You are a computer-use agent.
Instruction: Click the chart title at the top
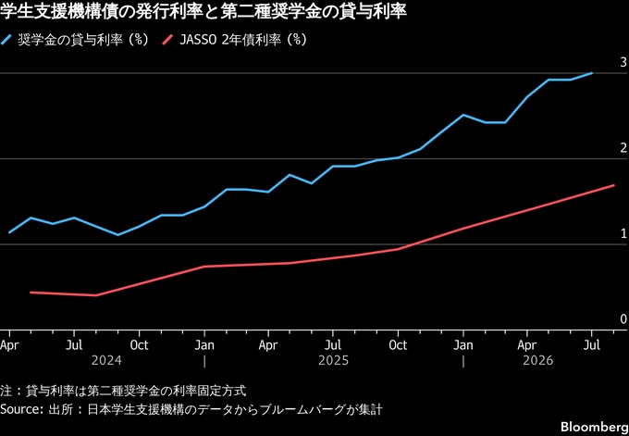point(203,12)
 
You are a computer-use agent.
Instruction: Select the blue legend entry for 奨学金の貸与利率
point(75,40)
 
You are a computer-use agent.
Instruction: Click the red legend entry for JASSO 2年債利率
point(235,40)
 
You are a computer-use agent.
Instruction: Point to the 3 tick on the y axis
point(623,62)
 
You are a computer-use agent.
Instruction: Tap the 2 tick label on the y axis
point(623,148)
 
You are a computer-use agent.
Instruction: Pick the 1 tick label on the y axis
point(623,233)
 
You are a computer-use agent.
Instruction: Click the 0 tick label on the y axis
point(623,319)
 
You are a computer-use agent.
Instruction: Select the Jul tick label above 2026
point(591,345)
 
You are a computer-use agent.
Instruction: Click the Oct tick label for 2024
point(139,345)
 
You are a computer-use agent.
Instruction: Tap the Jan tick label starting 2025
point(204,345)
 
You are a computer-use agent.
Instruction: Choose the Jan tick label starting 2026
point(463,345)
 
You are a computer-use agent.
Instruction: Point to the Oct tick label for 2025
point(398,345)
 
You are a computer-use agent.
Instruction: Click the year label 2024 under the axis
point(106,360)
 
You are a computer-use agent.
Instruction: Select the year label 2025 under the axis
point(333,360)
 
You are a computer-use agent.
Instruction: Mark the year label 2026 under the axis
point(538,360)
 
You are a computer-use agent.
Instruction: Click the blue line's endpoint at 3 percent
point(592,73)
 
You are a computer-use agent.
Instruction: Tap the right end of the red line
point(614,185)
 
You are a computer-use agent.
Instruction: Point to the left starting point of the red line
point(31,293)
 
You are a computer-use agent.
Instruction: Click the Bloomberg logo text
point(595,427)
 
